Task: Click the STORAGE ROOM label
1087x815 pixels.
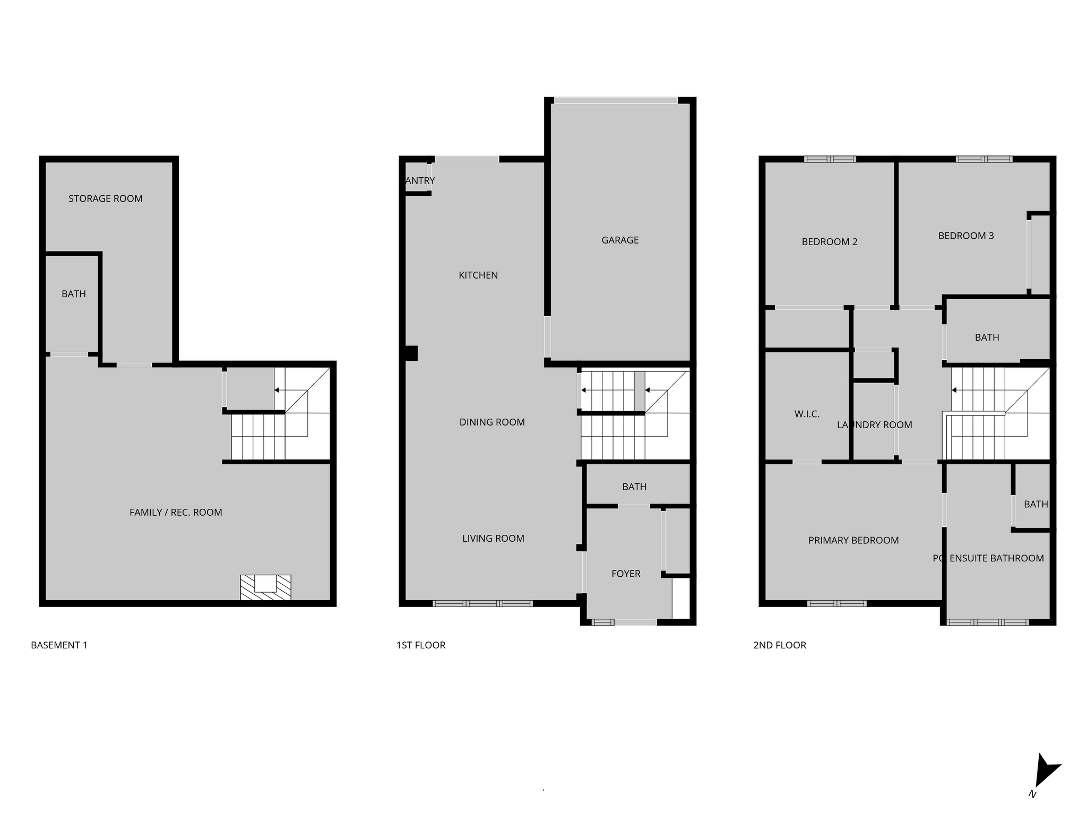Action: pyautogui.click(x=105, y=198)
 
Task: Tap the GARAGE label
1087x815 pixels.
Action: pyautogui.click(x=619, y=240)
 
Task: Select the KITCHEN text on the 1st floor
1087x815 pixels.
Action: pyautogui.click(x=478, y=275)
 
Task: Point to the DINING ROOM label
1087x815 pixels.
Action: pyautogui.click(x=491, y=422)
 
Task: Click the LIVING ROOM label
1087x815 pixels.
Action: pyautogui.click(x=493, y=539)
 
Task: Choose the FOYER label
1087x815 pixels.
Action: pyautogui.click(x=625, y=574)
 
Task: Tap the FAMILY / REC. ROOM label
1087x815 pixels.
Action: pyautogui.click(x=175, y=513)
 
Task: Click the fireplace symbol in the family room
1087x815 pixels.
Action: pyautogui.click(x=265, y=587)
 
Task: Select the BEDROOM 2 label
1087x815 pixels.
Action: pyautogui.click(x=829, y=242)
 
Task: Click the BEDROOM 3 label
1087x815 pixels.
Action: pyautogui.click(x=965, y=236)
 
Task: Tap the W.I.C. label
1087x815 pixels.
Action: pyautogui.click(x=807, y=414)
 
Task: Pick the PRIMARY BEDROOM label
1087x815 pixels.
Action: pyautogui.click(x=853, y=541)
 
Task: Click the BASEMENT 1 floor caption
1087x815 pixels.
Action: pyautogui.click(x=59, y=645)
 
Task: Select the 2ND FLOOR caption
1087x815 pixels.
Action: pyautogui.click(x=779, y=645)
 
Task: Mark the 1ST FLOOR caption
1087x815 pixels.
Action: pyautogui.click(x=420, y=645)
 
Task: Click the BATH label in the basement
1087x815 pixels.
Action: pyautogui.click(x=73, y=294)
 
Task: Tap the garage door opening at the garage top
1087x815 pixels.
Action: pyautogui.click(x=616, y=100)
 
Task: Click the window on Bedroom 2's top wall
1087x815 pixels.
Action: pyautogui.click(x=830, y=159)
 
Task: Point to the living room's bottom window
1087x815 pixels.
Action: pyautogui.click(x=482, y=603)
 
